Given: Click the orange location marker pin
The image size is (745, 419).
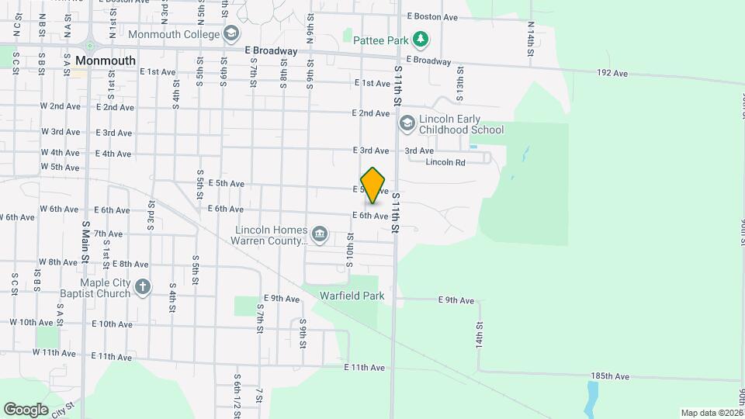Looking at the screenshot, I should click(373, 185).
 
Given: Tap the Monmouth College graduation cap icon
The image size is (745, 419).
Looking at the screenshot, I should click(230, 34).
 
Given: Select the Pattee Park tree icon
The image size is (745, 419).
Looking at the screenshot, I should click(420, 39).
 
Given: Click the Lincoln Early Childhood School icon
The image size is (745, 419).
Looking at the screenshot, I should click(407, 123).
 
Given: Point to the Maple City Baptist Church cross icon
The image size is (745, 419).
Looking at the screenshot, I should click(142, 287).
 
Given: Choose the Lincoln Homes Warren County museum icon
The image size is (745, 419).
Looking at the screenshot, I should click(319, 234).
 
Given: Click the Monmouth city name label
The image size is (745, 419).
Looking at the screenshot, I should click(106, 61).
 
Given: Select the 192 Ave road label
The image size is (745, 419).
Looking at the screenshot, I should click(612, 74).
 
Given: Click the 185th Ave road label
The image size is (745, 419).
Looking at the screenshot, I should click(609, 376).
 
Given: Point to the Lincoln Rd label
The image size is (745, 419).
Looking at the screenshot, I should click(445, 162).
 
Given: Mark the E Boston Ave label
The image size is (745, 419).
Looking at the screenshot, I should click(432, 16).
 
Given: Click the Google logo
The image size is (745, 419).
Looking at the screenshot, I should click(26, 409).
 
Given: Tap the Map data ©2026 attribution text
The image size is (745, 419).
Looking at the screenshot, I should click(710, 413).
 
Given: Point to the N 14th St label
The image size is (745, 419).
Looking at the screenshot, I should click(532, 36).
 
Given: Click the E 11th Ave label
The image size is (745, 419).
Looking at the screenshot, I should click(365, 367).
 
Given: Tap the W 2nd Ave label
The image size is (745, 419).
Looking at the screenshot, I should click(61, 106).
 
